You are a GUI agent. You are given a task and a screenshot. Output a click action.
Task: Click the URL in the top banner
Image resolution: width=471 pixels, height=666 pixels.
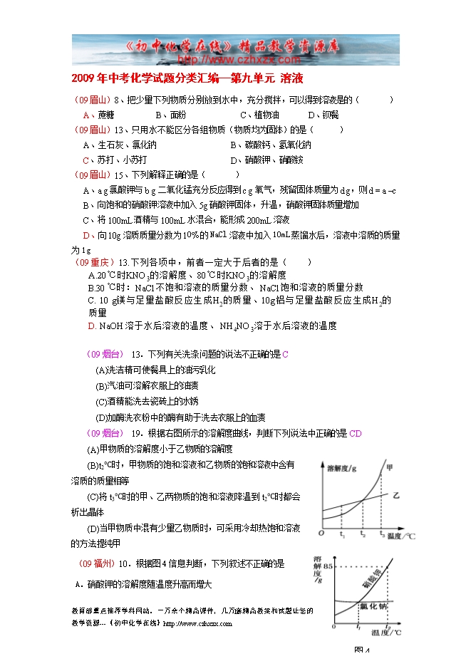[235, 60]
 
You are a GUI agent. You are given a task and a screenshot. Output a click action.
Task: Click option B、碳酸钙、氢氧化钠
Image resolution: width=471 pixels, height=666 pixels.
[266, 145]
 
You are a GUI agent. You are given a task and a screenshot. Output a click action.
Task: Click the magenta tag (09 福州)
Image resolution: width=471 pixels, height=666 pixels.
[95, 563]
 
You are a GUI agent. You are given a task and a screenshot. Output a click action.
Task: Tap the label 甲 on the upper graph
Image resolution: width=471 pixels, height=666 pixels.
[389, 467]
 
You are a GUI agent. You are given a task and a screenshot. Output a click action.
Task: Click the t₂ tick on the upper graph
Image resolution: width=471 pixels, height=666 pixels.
[363, 534]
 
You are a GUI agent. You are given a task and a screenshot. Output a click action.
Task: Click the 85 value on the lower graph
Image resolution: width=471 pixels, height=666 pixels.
[328, 566]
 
